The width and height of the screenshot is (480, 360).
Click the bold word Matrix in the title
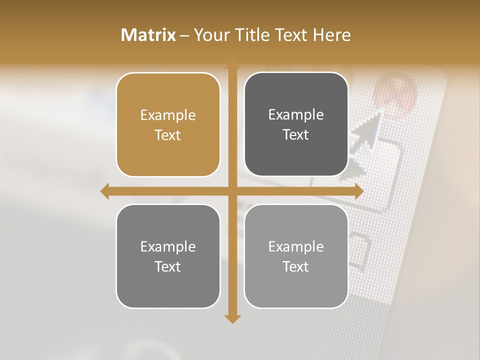148,35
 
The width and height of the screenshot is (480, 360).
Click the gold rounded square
168,124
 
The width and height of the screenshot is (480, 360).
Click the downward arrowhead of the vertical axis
232,318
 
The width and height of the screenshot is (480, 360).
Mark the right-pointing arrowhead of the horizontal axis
358,191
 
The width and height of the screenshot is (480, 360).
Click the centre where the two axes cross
232,191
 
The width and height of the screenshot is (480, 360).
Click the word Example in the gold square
168,115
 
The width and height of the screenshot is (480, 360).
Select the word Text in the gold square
168,135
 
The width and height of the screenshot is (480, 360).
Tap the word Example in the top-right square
296,115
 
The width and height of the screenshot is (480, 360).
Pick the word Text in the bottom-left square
168,266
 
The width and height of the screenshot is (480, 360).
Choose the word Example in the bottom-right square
296,246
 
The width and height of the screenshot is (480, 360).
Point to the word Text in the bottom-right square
296,266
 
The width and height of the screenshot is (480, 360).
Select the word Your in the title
210,35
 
